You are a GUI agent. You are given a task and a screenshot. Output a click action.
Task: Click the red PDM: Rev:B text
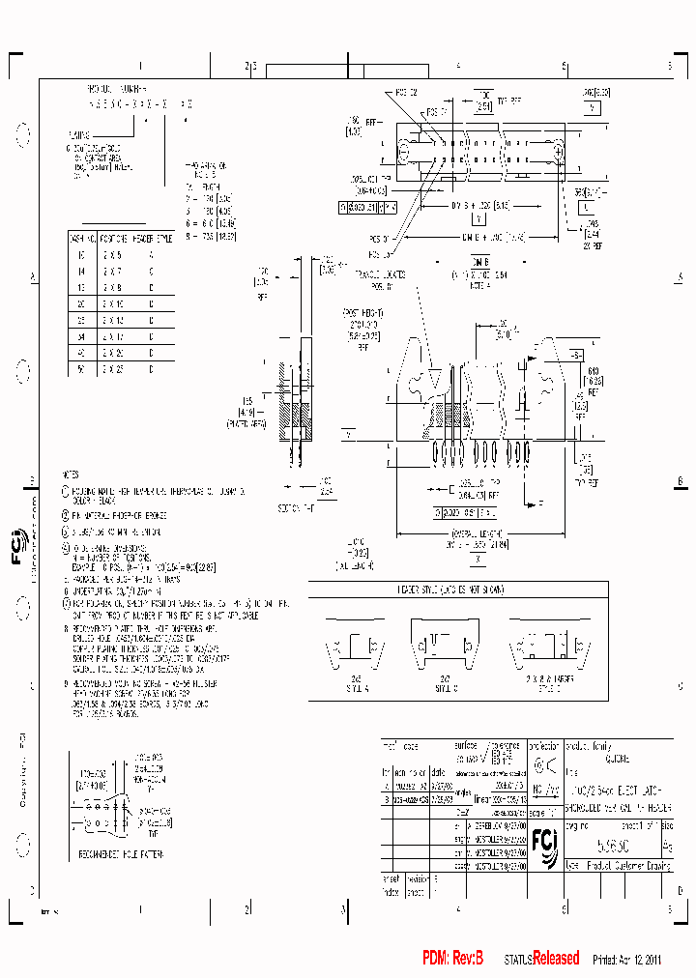(451, 958)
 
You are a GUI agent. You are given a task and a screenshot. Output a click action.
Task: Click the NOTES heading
(70, 475)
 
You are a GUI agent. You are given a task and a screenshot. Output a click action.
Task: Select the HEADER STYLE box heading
(457, 589)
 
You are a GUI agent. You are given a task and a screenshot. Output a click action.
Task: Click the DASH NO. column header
(80, 237)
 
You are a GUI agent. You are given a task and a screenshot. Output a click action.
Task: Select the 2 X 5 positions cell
(115, 254)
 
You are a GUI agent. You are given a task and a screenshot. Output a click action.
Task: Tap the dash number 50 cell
(80, 369)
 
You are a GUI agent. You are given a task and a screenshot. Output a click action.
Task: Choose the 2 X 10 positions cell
(115, 303)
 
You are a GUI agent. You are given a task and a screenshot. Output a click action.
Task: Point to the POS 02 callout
(406, 93)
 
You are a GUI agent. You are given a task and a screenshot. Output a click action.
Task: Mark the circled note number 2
(66, 515)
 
